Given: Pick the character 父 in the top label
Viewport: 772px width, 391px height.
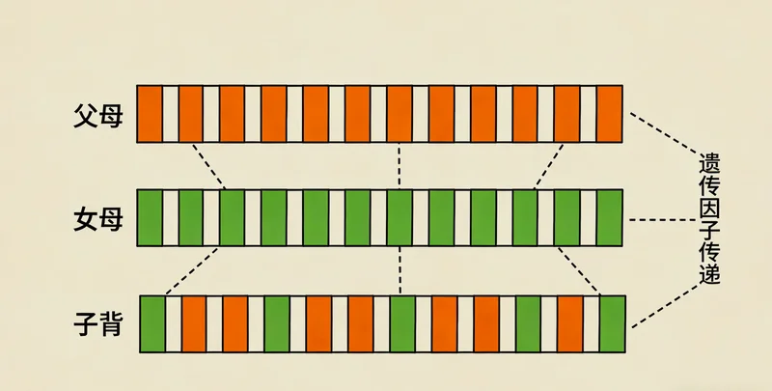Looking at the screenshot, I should pyautogui.click(x=85, y=114).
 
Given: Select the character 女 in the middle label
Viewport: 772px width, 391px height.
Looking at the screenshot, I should pyautogui.click(x=85, y=220).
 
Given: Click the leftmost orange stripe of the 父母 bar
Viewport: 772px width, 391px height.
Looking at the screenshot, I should pyautogui.click(x=150, y=114).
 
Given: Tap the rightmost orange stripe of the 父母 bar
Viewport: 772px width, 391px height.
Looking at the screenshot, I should pyautogui.click(x=610, y=114).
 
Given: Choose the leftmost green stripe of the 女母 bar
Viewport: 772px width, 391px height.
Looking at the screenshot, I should pyautogui.click(x=150, y=219).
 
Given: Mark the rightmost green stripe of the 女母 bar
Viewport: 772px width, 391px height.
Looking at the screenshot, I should pyautogui.click(x=610, y=219).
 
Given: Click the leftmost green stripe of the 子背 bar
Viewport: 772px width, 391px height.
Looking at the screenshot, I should pyautogui.click(x=153, y=323).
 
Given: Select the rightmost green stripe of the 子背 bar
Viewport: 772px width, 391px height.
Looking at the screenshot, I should pyautogui.click(x=613, y=323).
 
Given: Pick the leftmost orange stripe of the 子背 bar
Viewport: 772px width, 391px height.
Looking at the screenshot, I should pyautogui.click(x=194, y=323).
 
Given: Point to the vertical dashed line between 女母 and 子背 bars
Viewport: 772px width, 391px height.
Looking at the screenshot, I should pyautogui.click(x=400, y=271).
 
